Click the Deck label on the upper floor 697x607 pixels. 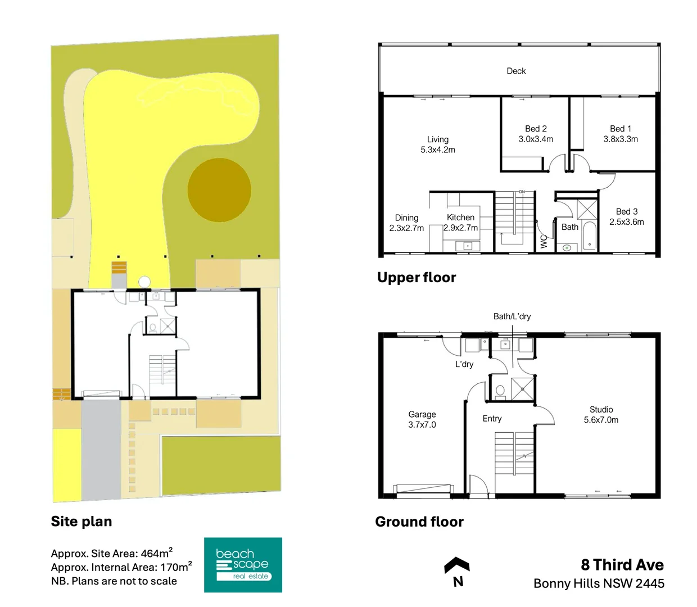(516, 71)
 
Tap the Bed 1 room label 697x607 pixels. (621, 129)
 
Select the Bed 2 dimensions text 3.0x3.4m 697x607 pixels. (536, 139)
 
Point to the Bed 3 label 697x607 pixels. (627, 211)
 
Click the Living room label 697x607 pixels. (437, 139)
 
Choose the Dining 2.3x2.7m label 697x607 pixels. (406, 223)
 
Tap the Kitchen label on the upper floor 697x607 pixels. (460, 218)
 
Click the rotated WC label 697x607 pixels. (544, 241)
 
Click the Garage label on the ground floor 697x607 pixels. (422, 414)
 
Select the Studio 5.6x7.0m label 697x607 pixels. (601, 415)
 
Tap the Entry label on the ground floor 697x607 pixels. (492, 419)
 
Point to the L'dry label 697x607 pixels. (464, 364)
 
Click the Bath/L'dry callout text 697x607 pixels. (512, 316)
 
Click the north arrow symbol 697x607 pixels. (457, 565)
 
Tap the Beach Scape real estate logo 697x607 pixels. (243, 565)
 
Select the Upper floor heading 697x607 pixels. (417, 278)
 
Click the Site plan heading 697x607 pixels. (82, 522)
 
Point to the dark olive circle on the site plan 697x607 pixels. (219, 189)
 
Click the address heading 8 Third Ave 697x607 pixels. (622, 565)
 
